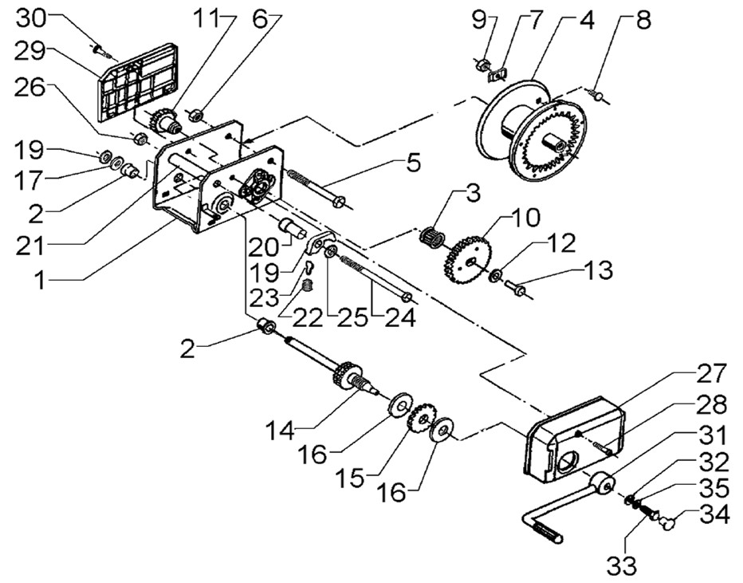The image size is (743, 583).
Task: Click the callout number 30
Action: tap(31, 19)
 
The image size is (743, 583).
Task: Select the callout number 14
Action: tap(281, 431)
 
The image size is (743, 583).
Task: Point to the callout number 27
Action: tap(710, 373)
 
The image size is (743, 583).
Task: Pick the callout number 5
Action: tap(412, 163)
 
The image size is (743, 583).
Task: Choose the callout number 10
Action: tap(525, 218)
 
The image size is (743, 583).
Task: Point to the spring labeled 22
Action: tap(309, 286)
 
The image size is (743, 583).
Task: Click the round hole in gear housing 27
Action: tap(567, 461)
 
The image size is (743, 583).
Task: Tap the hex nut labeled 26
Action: tap(140, 138)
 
